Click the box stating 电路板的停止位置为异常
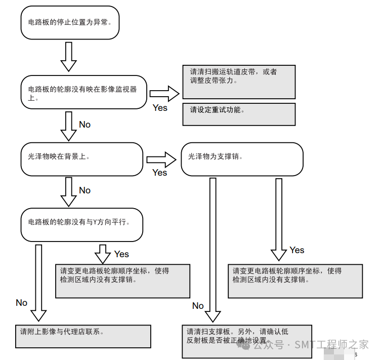click(x=70, y=23)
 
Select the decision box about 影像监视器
click(x=83, y=92)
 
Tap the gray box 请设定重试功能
click(x=238, y=114)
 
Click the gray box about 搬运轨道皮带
click(x=238, y=82)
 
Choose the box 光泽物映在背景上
click(x=81, y=158)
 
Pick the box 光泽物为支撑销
click(x=242, y=159)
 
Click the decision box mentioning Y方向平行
click(x=81, y=225)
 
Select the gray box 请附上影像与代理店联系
click(x=83, y=336)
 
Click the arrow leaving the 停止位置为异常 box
click(x=68, y=57)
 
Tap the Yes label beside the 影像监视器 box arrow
click(x=160, y=108)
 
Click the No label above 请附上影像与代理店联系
click(x=21, y=303)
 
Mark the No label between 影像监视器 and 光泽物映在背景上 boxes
click(x=84, y=125)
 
